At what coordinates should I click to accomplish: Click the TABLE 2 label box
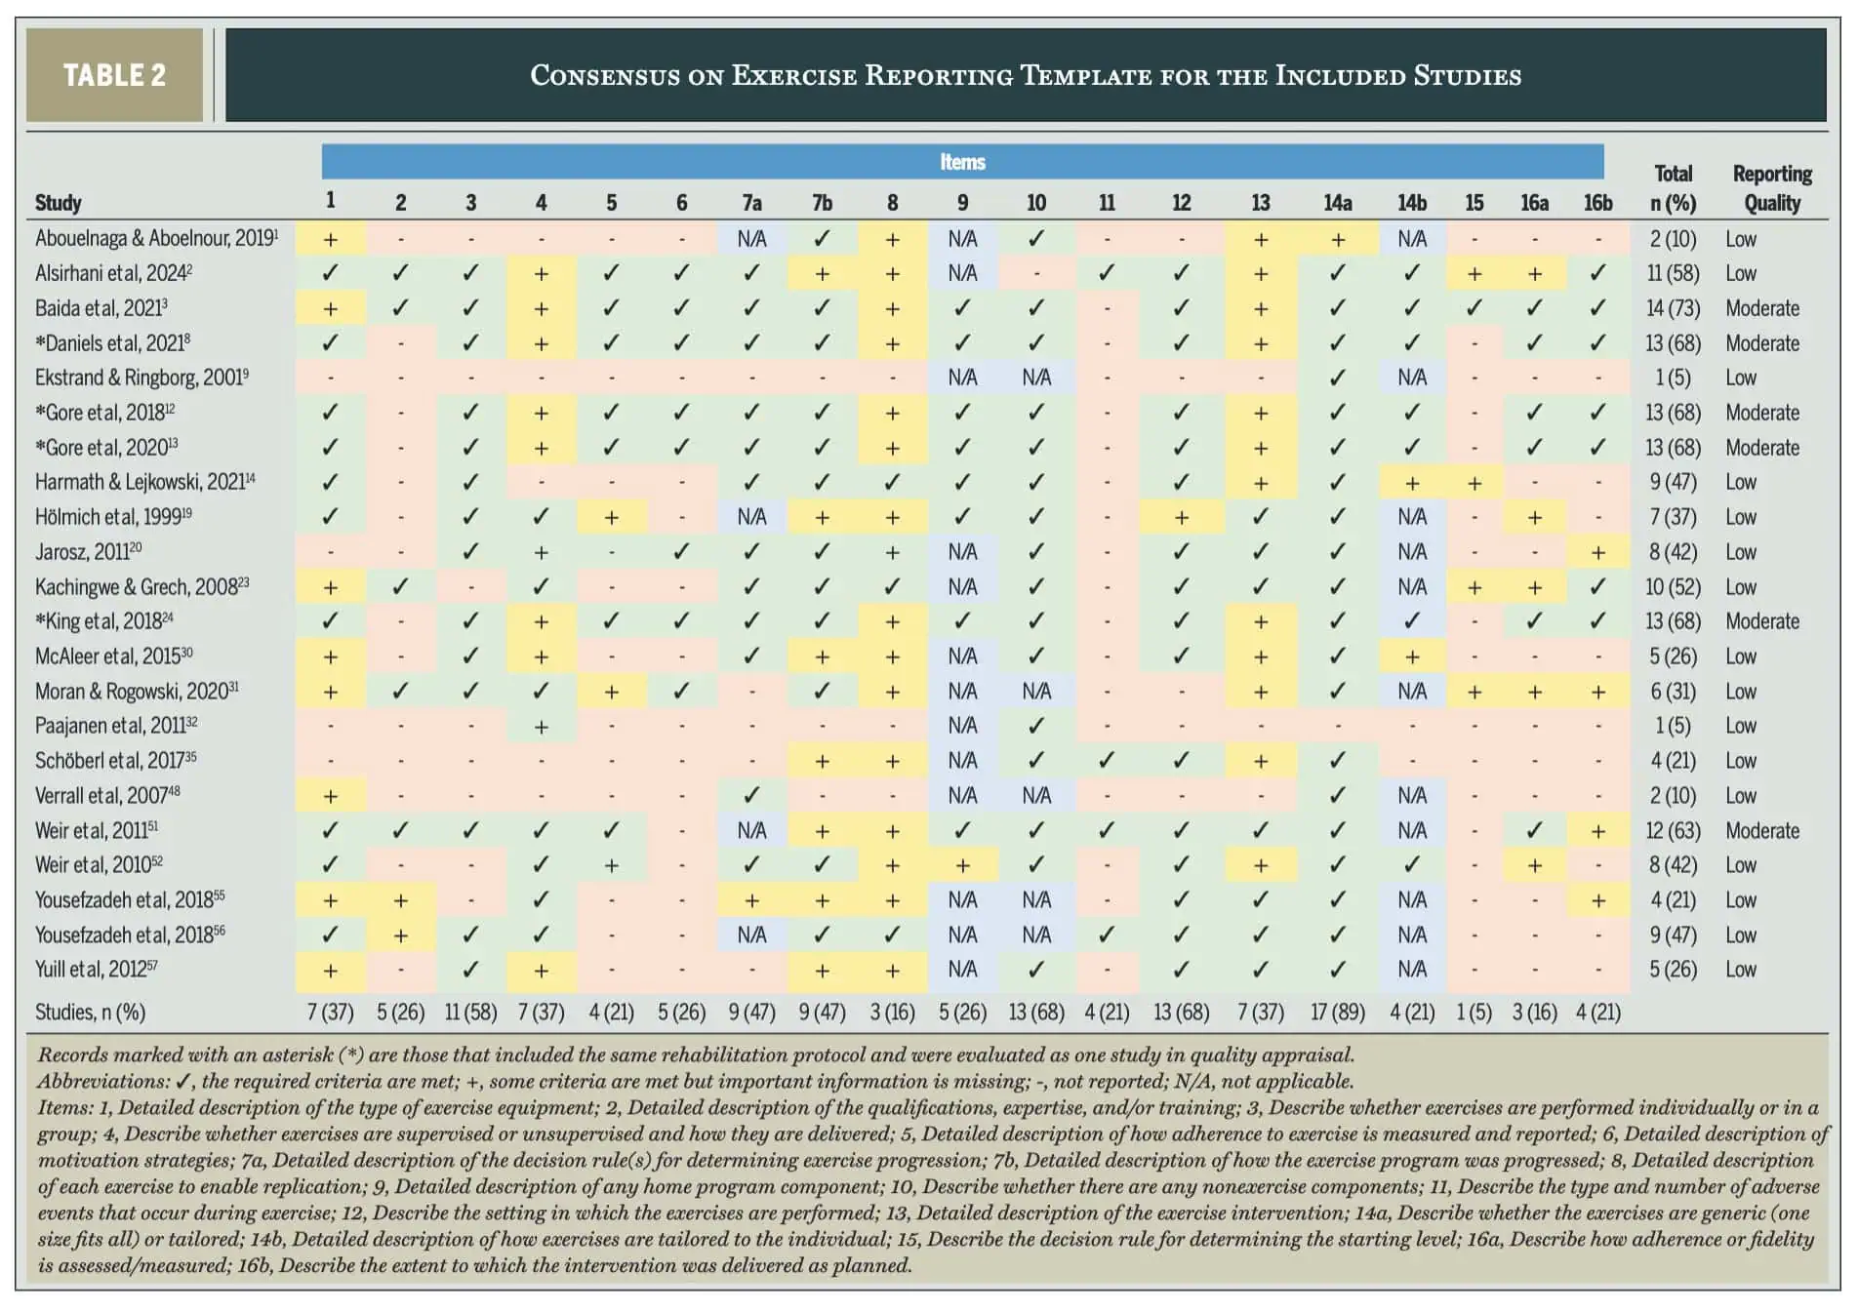114,75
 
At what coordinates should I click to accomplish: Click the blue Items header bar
962,162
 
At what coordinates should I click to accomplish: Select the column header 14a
1337,203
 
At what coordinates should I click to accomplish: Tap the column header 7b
822,203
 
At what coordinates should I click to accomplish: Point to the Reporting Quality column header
1772,188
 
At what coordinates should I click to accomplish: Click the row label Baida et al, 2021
101,308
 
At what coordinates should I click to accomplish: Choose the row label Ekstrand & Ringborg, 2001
142,378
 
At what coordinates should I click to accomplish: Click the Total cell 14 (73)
1673,308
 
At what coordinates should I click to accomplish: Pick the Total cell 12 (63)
1673,831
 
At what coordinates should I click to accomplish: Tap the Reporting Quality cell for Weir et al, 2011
1762,831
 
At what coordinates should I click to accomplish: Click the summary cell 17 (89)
1337,1013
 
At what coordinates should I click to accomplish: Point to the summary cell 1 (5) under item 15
1474,1013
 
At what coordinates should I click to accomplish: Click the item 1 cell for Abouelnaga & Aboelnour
330,239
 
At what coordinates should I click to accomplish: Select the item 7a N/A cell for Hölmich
751,517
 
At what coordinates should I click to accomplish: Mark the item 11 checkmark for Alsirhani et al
1107,273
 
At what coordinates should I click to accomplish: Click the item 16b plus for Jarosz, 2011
1597,552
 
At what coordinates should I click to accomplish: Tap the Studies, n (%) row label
90,1013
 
